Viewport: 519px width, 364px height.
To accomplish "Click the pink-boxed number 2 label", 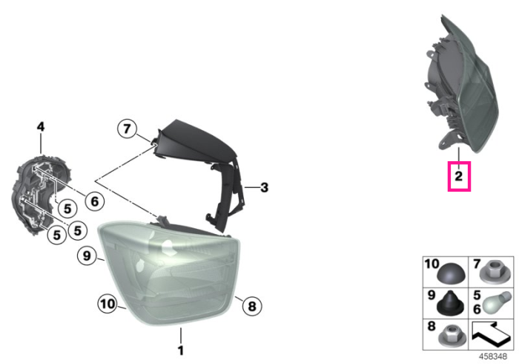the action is [459, 176].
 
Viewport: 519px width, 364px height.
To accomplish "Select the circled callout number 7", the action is [127, 129].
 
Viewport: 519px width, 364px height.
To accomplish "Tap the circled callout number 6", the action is [95, 201].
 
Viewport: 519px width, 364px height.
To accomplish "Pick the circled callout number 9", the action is [87, 256].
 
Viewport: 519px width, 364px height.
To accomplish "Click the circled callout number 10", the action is [108, 304].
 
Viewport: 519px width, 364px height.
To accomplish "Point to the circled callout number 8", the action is [252, 306].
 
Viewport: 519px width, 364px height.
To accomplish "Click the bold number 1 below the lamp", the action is [181, 350].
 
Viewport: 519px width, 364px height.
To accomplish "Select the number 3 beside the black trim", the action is [264, 188].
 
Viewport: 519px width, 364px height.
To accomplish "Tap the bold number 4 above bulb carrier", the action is [40, 126].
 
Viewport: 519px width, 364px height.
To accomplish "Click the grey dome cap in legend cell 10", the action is [451, 273].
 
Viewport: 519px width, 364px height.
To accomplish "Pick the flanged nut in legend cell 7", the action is [492, 272].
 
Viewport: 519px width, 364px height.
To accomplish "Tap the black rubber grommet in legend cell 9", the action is [451, 304].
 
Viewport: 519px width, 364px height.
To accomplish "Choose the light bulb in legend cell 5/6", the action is [495, 302].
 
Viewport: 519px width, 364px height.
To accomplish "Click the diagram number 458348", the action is [493, 357].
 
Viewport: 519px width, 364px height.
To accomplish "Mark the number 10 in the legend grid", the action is [432, 264].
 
